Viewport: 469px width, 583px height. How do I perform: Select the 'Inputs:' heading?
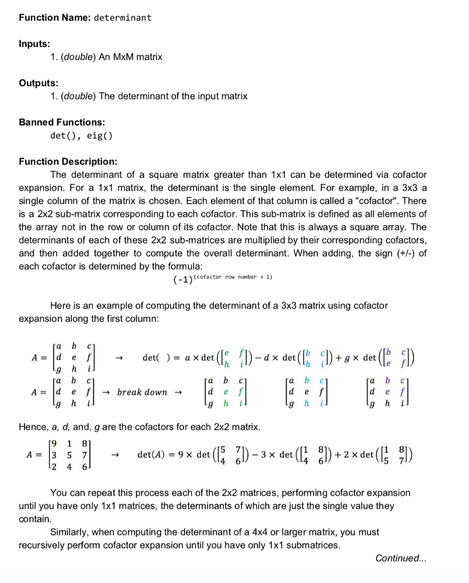pos(34,44)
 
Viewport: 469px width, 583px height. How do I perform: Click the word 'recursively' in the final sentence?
pos(42,545)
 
